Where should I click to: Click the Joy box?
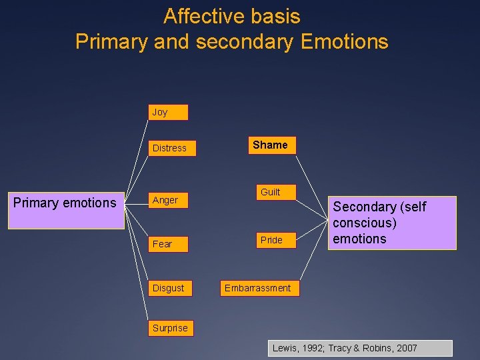168,112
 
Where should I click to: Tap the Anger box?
171,200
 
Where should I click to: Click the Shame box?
270,145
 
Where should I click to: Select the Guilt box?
270,192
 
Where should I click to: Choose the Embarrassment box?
257,288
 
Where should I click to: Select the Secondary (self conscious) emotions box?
392,223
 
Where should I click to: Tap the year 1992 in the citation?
311,348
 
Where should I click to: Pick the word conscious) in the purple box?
365,223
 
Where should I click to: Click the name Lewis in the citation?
285,348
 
